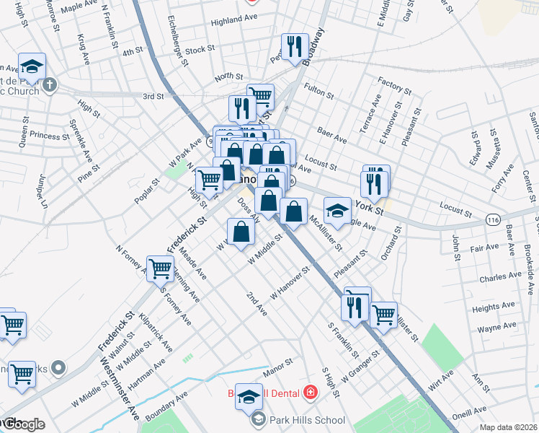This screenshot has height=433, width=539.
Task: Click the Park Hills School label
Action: click(306, 420)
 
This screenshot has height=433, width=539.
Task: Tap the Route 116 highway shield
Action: click(493, 218)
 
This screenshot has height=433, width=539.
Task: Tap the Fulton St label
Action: click(318, 92)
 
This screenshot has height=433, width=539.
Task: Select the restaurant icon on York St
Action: click(374, 183)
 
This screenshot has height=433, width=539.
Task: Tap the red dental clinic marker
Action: click(311, 393)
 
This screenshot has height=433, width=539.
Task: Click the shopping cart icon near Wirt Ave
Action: click(383, 315)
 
